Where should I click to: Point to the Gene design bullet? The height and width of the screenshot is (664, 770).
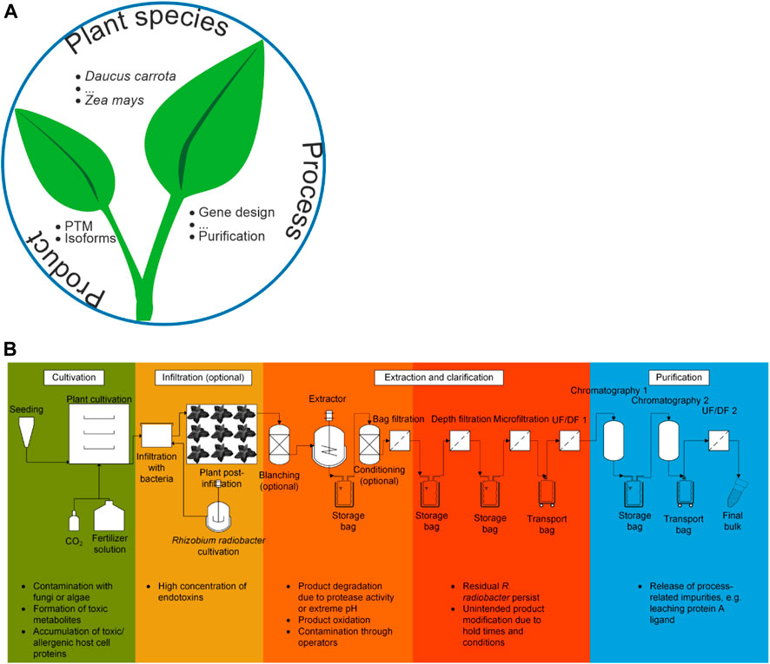pyautogui.click(x=236, y=213)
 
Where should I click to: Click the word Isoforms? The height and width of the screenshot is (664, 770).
pyautogui.click(x=86, y=239)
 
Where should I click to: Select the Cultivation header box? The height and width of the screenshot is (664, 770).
pyautogui.click(x=74, y=378)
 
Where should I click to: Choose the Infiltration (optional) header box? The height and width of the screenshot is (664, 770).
pyautogui.click(x=199, y=378)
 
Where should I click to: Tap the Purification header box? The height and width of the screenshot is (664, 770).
pyautogui.click(x=679, y=378)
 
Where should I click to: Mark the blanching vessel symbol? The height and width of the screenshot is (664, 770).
pyautogui.click(x=282, y=446)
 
